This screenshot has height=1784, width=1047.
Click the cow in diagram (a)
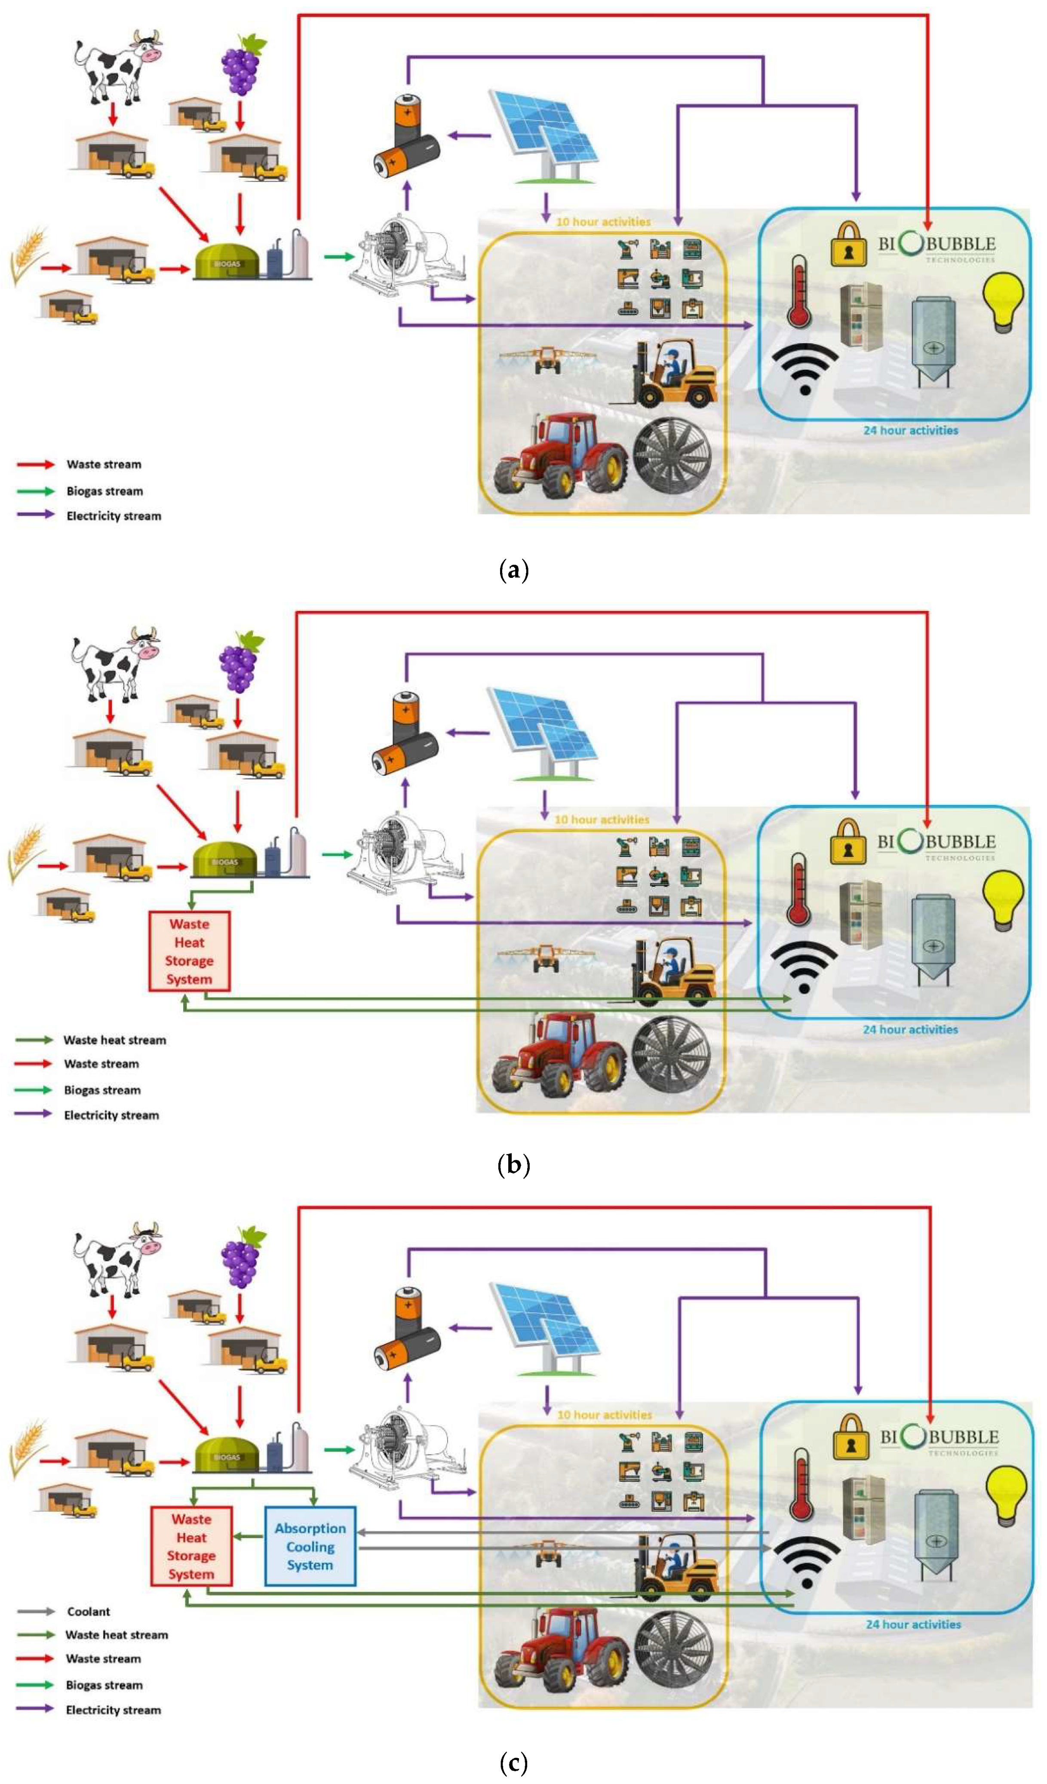(117, 67)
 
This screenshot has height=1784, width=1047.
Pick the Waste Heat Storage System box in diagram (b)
(189, 952)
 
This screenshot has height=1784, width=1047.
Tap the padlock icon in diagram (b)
(847, 841)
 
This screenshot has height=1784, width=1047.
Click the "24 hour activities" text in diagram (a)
(910, 430)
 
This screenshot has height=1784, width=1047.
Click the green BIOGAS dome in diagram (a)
(227, 263)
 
